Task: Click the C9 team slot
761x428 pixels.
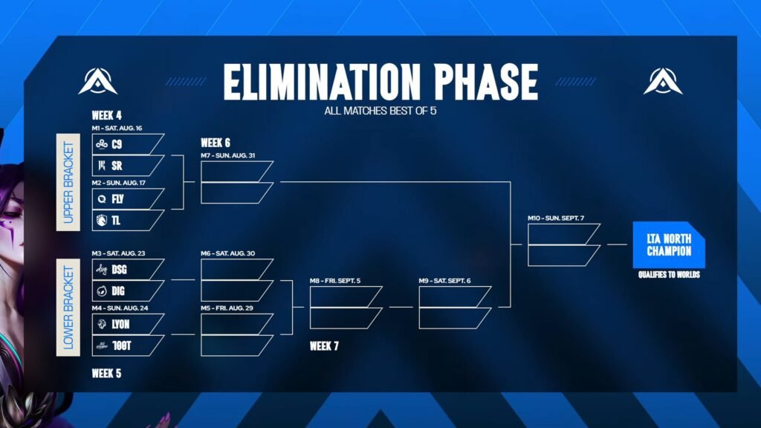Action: pyautogui.click(x=128, y=144)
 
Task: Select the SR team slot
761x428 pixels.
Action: pyautogui.click(x=128, y=166)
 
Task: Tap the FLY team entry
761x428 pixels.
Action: pyautogui.click(x=128, y=199)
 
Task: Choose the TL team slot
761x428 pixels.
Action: pyautogui.click(x=128, y=220)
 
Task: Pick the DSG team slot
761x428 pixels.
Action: pyautogui.click(x=128, y=269)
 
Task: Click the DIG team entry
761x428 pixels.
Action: pyautogui.click(x=128, y=291)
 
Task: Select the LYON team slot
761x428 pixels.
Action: pyautogui.click(x=128, y=324)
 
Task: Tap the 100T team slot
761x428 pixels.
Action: pyautogui.click(x=128, y=346)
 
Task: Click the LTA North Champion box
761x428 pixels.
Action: pyautogui.click(x=669, y=244)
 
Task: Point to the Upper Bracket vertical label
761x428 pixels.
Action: pyautogui.click(x=68, y=182)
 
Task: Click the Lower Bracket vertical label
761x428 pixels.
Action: pyautogui.click(x=68, y=307)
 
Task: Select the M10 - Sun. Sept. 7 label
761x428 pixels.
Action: pyautogui.click(x=556, y=218)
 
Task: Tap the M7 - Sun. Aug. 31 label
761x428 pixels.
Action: pyautogui.click(x=227, y=156)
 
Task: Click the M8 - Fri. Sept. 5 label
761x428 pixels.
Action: pyautogui.click(x=335, y=281)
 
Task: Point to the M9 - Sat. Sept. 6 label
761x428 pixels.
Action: pyautogui.click(x=444, y=281)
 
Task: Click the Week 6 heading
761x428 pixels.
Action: pyautogui.click(x=216, y=143)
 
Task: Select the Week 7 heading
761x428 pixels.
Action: pyautogui.click(x=324, y=346)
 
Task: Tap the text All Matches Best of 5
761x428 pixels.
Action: pyautogui.click(x=380, y=111)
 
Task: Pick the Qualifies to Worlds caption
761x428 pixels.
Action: pyautogui.click(x=669, y=275)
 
